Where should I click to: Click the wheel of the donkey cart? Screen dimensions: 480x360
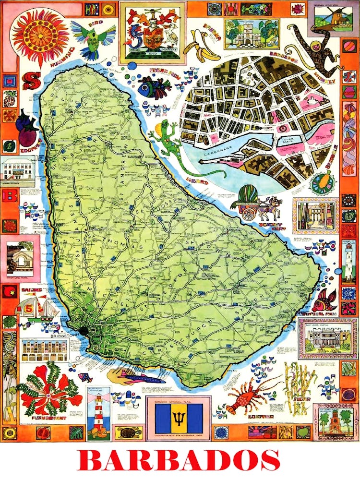point(249,214)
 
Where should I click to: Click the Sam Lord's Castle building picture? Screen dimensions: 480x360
point(327,339)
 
